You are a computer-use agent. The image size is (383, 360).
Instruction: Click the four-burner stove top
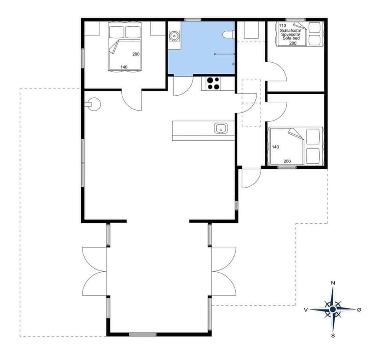click(213, 83)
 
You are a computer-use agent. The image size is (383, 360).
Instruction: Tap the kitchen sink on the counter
click(221, 129)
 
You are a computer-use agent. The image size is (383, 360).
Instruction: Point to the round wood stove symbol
click(94, 105)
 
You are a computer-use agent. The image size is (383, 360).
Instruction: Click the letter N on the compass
click(333, 283)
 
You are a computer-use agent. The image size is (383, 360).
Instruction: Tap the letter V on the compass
click(306, 309)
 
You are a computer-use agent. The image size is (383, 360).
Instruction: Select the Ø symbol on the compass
click(359, 309)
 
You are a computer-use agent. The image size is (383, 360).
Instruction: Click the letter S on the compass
click(333, 336)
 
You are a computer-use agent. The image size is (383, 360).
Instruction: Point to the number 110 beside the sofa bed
click(282, 25)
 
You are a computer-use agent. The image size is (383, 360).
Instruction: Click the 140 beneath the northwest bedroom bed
click(124, 67)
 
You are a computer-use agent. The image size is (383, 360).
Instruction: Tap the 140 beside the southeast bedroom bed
click(275, 147)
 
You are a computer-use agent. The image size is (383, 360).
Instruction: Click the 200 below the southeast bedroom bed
click(287, 161)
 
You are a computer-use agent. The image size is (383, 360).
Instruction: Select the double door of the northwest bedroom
click(132, 100)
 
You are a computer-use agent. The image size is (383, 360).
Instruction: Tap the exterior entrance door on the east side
click(251, 178)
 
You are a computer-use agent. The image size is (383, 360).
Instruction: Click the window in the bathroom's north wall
click(192, 19)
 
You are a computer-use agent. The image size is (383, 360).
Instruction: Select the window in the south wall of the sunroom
click(143, 334)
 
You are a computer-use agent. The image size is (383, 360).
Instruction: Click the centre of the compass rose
click(333, 309)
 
